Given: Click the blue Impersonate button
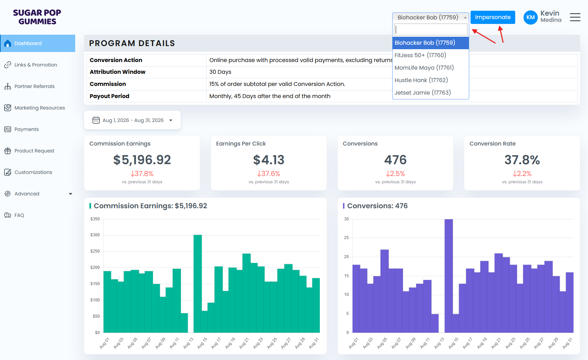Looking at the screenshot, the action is pyautogui.click(x=493, y=17).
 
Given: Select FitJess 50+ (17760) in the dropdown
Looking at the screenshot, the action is pyautogui.click(x=420, y=55).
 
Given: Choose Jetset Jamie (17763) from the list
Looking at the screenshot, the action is pyautogui.click(x=423, y=93).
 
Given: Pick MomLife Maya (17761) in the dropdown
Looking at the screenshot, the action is pyautogui.click(x=424, y=68).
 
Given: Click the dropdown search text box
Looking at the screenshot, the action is pyautogui.click(x=430, y=29).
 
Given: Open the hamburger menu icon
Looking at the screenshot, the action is pyautogui.click(x=575, y=17).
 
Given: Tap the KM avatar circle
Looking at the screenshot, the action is pyautogui.click(x=530, y=17).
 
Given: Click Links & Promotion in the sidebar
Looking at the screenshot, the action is pyautogui.click(x=36, y=65).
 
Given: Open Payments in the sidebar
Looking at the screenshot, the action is pyautogui.click(x=27, y=129).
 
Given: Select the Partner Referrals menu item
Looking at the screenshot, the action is pyautogui.click(x=34, y=86).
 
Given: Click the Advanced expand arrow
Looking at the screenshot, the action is pyautogui.click(x=70, y=194).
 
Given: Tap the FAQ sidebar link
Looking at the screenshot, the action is pyautogui.click(x=19, y=215).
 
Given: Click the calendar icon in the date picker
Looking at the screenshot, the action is pyautogui.click(x=96, y=120).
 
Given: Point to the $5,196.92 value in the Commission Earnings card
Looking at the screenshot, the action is pyautogui.click(x=142, y=160).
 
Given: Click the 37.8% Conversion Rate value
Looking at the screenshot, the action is pyautogui.click(x=522, y=160).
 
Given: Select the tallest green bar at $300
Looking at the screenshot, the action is pyautogui.click(x=198, y=283).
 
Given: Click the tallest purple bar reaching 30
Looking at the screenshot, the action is pyautogui.click(x=449, y=276).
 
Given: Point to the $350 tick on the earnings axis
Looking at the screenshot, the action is pyautogui.click(x=95, y=219).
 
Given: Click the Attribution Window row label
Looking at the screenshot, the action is pyautogui.click(x=117, y=72).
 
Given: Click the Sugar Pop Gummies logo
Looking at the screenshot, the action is pyautogui.click(x=37, y=17).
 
